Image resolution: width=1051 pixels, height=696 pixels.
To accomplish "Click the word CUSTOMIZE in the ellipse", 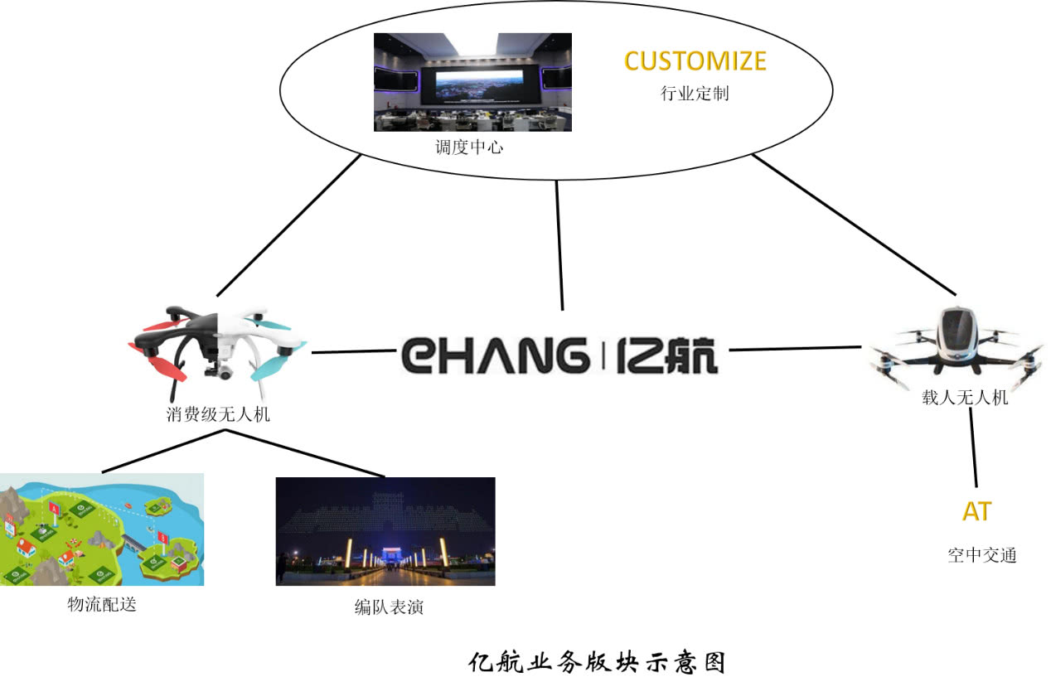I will [x=695, y=61].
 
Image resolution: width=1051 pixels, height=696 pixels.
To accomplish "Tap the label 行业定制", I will [x=695, y=93].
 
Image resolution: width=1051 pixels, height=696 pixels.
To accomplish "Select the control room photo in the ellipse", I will [x=472, y=81].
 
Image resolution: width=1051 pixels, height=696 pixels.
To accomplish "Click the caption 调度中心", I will [x=469, y=148].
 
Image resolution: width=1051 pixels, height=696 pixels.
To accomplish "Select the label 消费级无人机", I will [x=218, y=415].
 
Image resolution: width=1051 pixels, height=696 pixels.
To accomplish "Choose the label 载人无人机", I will [x=965, y=398].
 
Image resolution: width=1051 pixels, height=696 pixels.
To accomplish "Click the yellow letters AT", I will [x=976, y=512].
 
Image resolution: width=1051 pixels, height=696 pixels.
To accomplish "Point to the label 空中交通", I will [x=982, y=555].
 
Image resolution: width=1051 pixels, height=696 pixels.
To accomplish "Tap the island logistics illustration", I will [x=101, y=529].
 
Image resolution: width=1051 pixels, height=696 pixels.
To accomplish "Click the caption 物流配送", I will [x=101, y=605].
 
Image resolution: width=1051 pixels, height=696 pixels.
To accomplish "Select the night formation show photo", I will [x=385, y=531].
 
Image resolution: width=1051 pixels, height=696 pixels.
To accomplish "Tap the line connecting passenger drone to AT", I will [x=973, y=447].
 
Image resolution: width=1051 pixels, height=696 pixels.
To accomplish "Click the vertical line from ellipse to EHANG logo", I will [x=559, y=244].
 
